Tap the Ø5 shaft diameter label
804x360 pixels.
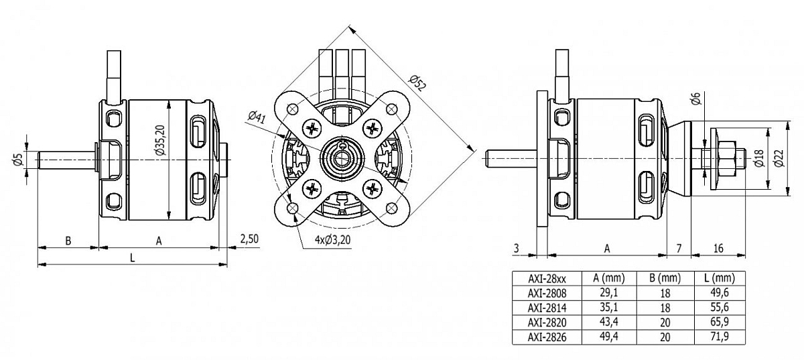[19, 160]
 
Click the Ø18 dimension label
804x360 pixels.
[758, 160]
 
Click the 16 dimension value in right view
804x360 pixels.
[718, 248]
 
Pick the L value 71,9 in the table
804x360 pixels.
[720, 336]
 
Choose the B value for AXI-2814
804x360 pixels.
[664, 307]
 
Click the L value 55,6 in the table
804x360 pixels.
[720, 307]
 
